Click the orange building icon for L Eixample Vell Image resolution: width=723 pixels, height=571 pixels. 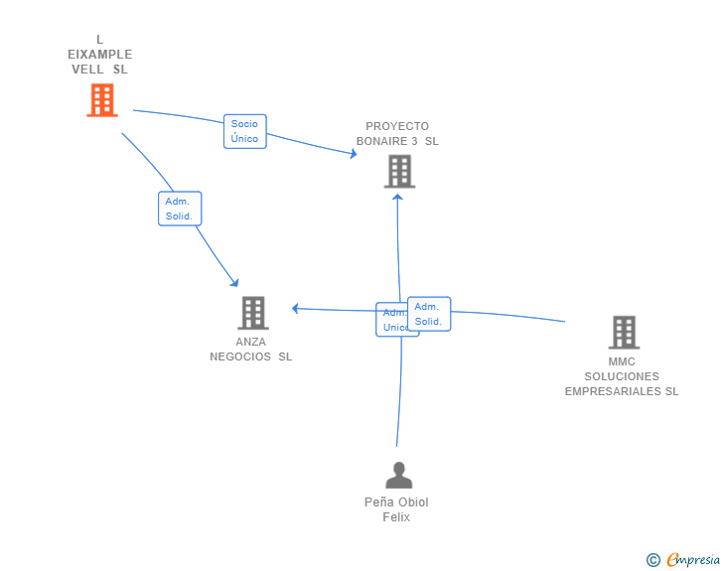[x=101, y=100]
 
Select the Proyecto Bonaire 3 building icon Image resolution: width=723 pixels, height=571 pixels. [x=399, y=171]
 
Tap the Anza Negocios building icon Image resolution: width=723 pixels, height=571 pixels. [x=253, y=313]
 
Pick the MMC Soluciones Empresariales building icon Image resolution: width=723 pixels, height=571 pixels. [x=624, y=332]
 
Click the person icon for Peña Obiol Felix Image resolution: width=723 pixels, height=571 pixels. [x=398, y=476]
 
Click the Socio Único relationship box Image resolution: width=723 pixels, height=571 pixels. [x=244, y=131]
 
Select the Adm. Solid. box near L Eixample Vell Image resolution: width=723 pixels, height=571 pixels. [x=180, y=209]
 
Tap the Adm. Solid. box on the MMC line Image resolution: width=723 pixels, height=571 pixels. [x=429, y=314]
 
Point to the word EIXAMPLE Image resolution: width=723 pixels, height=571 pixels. [x=99, y=55]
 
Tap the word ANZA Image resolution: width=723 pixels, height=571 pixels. [x=251, y=342]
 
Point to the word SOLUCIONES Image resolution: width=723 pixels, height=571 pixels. [x=622, y=376]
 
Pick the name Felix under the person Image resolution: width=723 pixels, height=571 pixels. [x=396, y=517]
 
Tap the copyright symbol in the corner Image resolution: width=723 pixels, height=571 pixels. [x=652, y=560]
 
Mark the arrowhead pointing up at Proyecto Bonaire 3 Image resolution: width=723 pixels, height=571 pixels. [x=398, y=196]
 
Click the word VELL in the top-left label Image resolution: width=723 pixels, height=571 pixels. [x=87, y=70]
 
